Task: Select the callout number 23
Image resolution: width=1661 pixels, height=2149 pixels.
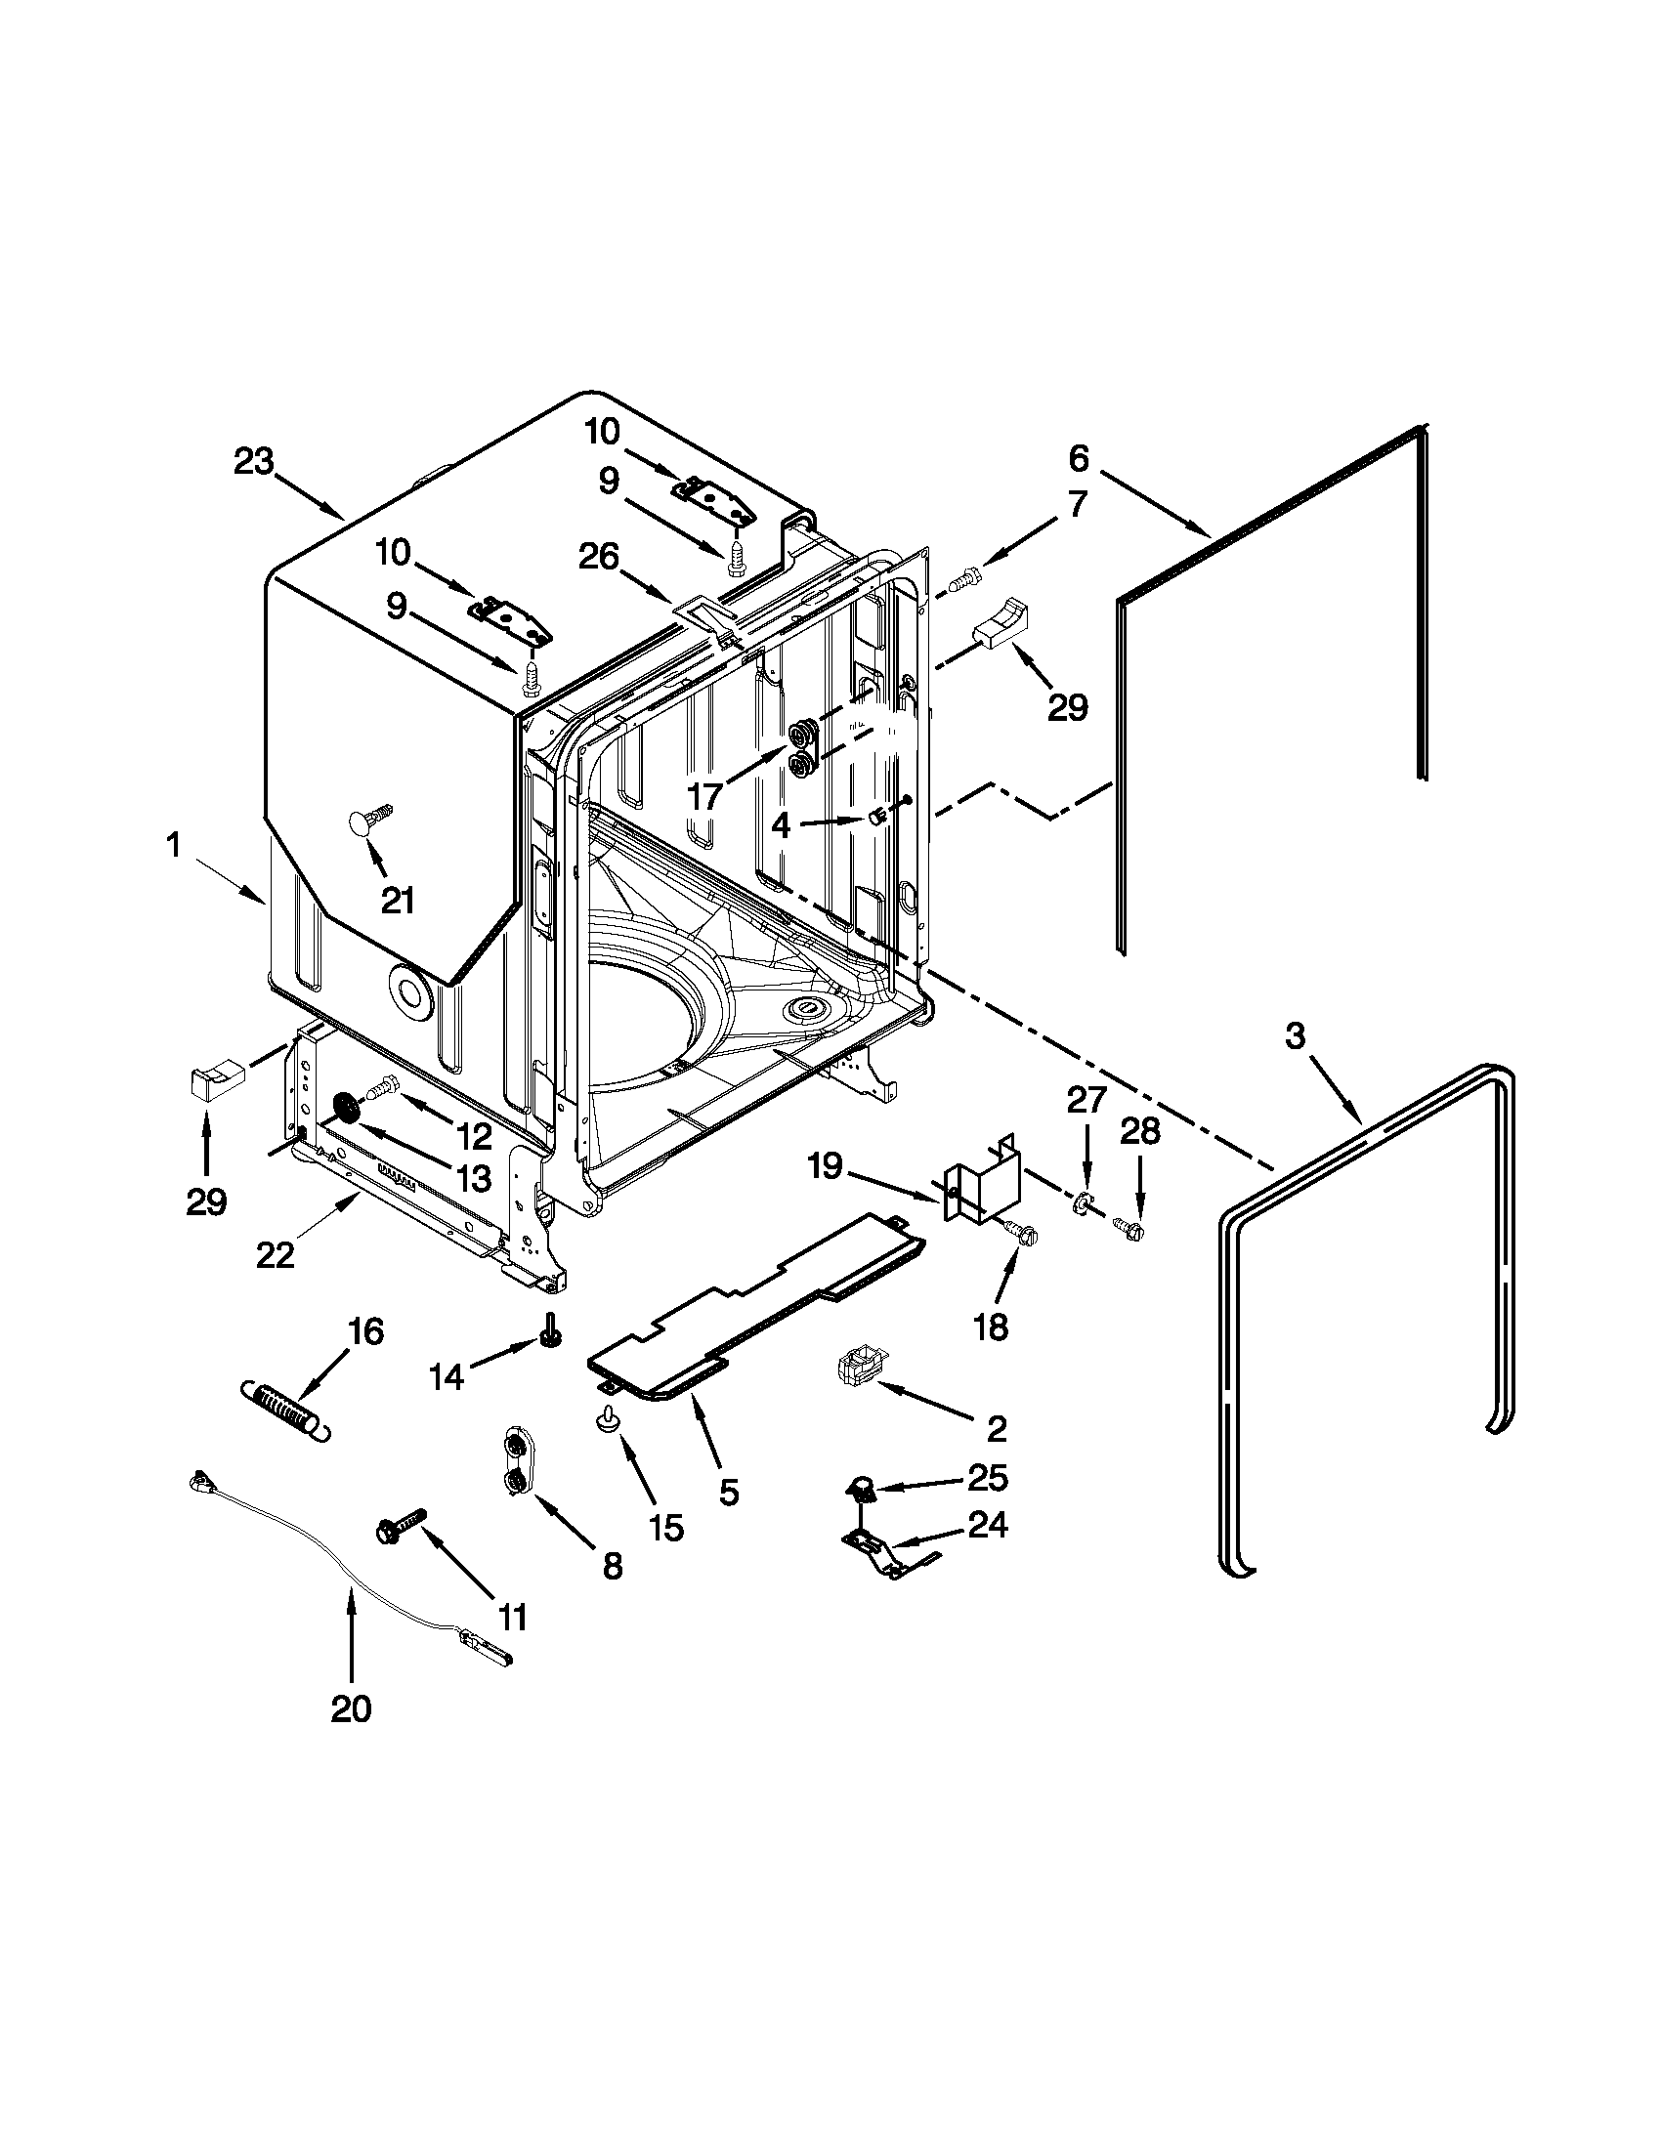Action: (x=253, y=461)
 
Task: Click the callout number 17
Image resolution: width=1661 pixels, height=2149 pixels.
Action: (x=704, y=796)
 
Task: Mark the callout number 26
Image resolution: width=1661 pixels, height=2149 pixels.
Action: (x=598, y=558)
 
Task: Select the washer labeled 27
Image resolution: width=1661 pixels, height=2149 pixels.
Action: (x=1081, y=1201)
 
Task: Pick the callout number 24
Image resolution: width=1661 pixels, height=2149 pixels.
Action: (x=988, y=1525)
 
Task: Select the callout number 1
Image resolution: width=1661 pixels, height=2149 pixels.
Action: (x=173, y=844)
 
